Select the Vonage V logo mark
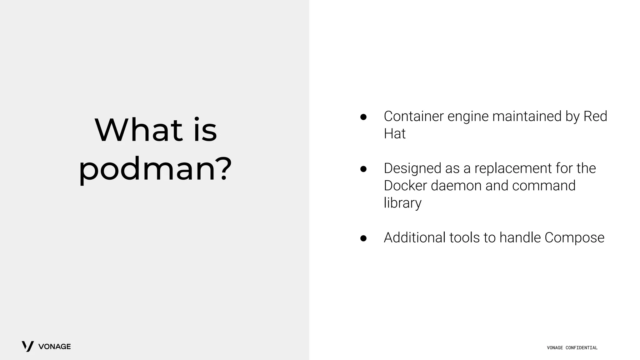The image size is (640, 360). [x=27, y=346]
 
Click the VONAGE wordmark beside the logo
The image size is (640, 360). [x=54, y=347]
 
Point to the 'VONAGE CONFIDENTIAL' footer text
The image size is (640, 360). [x=572, y=348]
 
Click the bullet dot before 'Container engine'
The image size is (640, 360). [x=363, y=117]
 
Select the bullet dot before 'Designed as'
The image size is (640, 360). [x=363, y=169]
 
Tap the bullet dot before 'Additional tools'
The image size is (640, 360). [x=363, y=238]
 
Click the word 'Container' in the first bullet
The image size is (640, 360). [x=413, y=116]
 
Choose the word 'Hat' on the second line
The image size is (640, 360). [x=394, y=134]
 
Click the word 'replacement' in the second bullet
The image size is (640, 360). [x=513, y=168]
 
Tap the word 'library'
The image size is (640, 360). [x=402, y=203]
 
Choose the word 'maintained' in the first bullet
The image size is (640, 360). [x=527, y=116]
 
